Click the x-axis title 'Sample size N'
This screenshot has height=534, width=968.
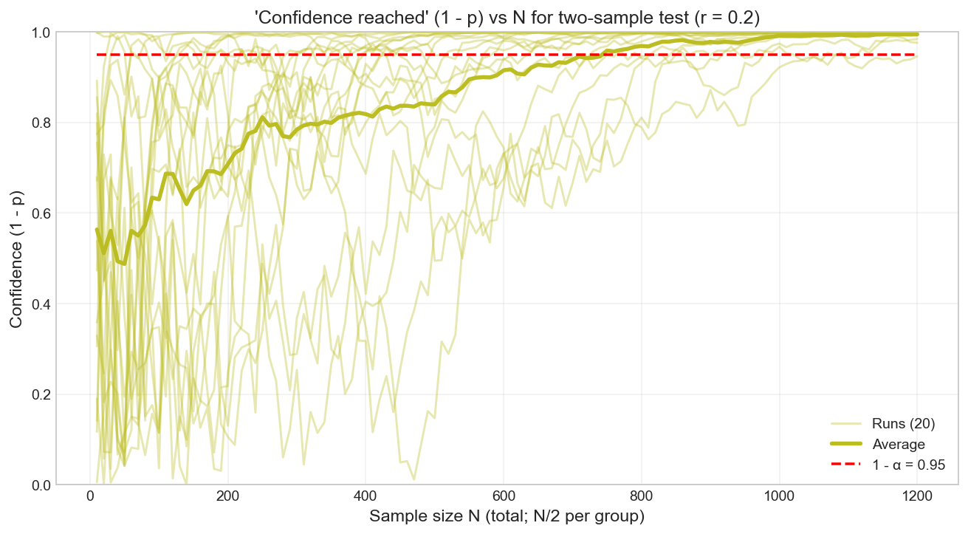pyautogui.click(x=507, y=516)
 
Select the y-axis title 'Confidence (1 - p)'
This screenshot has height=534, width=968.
pyautogui.click(x=16, y=259)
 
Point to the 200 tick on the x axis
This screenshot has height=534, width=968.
pyautogui.click(x=227, y=495)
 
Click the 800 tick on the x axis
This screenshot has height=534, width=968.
pyautogui.click(x=641, y=495)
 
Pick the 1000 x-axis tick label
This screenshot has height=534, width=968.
pyautogui.click(x=778, y=495)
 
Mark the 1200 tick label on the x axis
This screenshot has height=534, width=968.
pyautogui.click(x=916, y=495)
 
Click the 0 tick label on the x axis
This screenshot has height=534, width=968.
pyautogui.click(x=90, y=495)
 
